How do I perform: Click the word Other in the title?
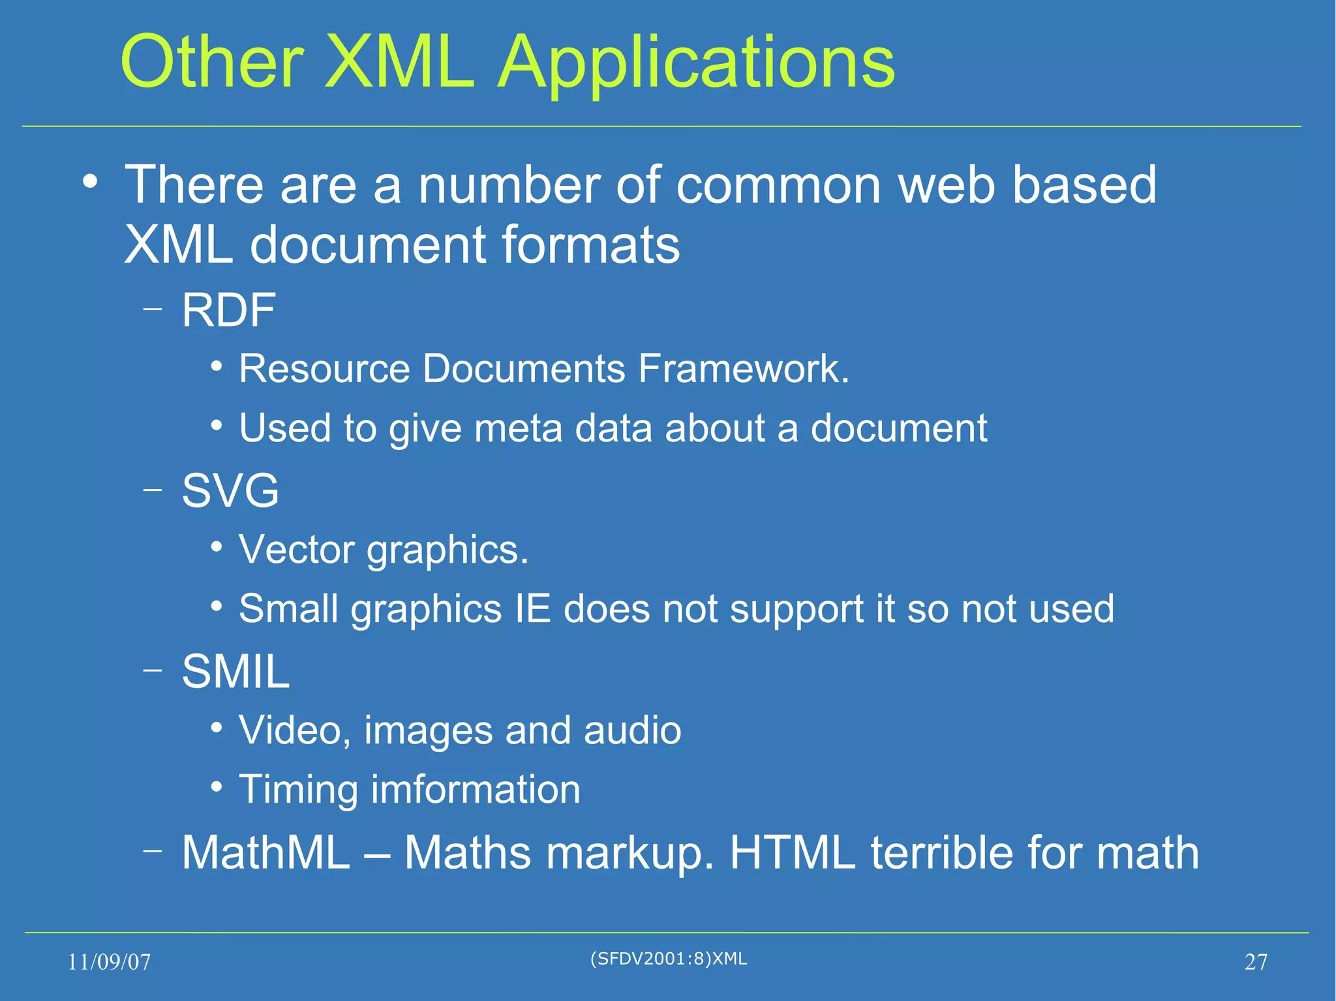pyautogui.click(x=212, y=63)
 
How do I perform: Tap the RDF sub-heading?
pyautogui.click(x=228, y=310)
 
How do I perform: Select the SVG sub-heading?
pyautogui.click(x=230, y=491)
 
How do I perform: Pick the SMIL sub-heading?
pyautogui.click(x=235, y=672)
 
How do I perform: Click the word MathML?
pyautogui.click(x=266, y=852)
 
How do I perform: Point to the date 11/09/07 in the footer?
pyautogui.click(x=109, y=962)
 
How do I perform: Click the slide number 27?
pyautogui.click(x=1256, y=962)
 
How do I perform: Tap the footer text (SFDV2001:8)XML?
pyautogui.click(x=668, y=959)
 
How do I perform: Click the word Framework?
pyautogui.click(x=743, y=369)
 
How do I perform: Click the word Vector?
pyautogui.click(x=296, y=550)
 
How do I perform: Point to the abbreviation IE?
pyautogui.click(x=533, y=609)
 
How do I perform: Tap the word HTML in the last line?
pyautogui.click(x=792, y=852)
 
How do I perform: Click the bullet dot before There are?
pyautogui.click(x=91, y=182)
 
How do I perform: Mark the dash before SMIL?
pyautogui.click(x=153, y=670)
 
